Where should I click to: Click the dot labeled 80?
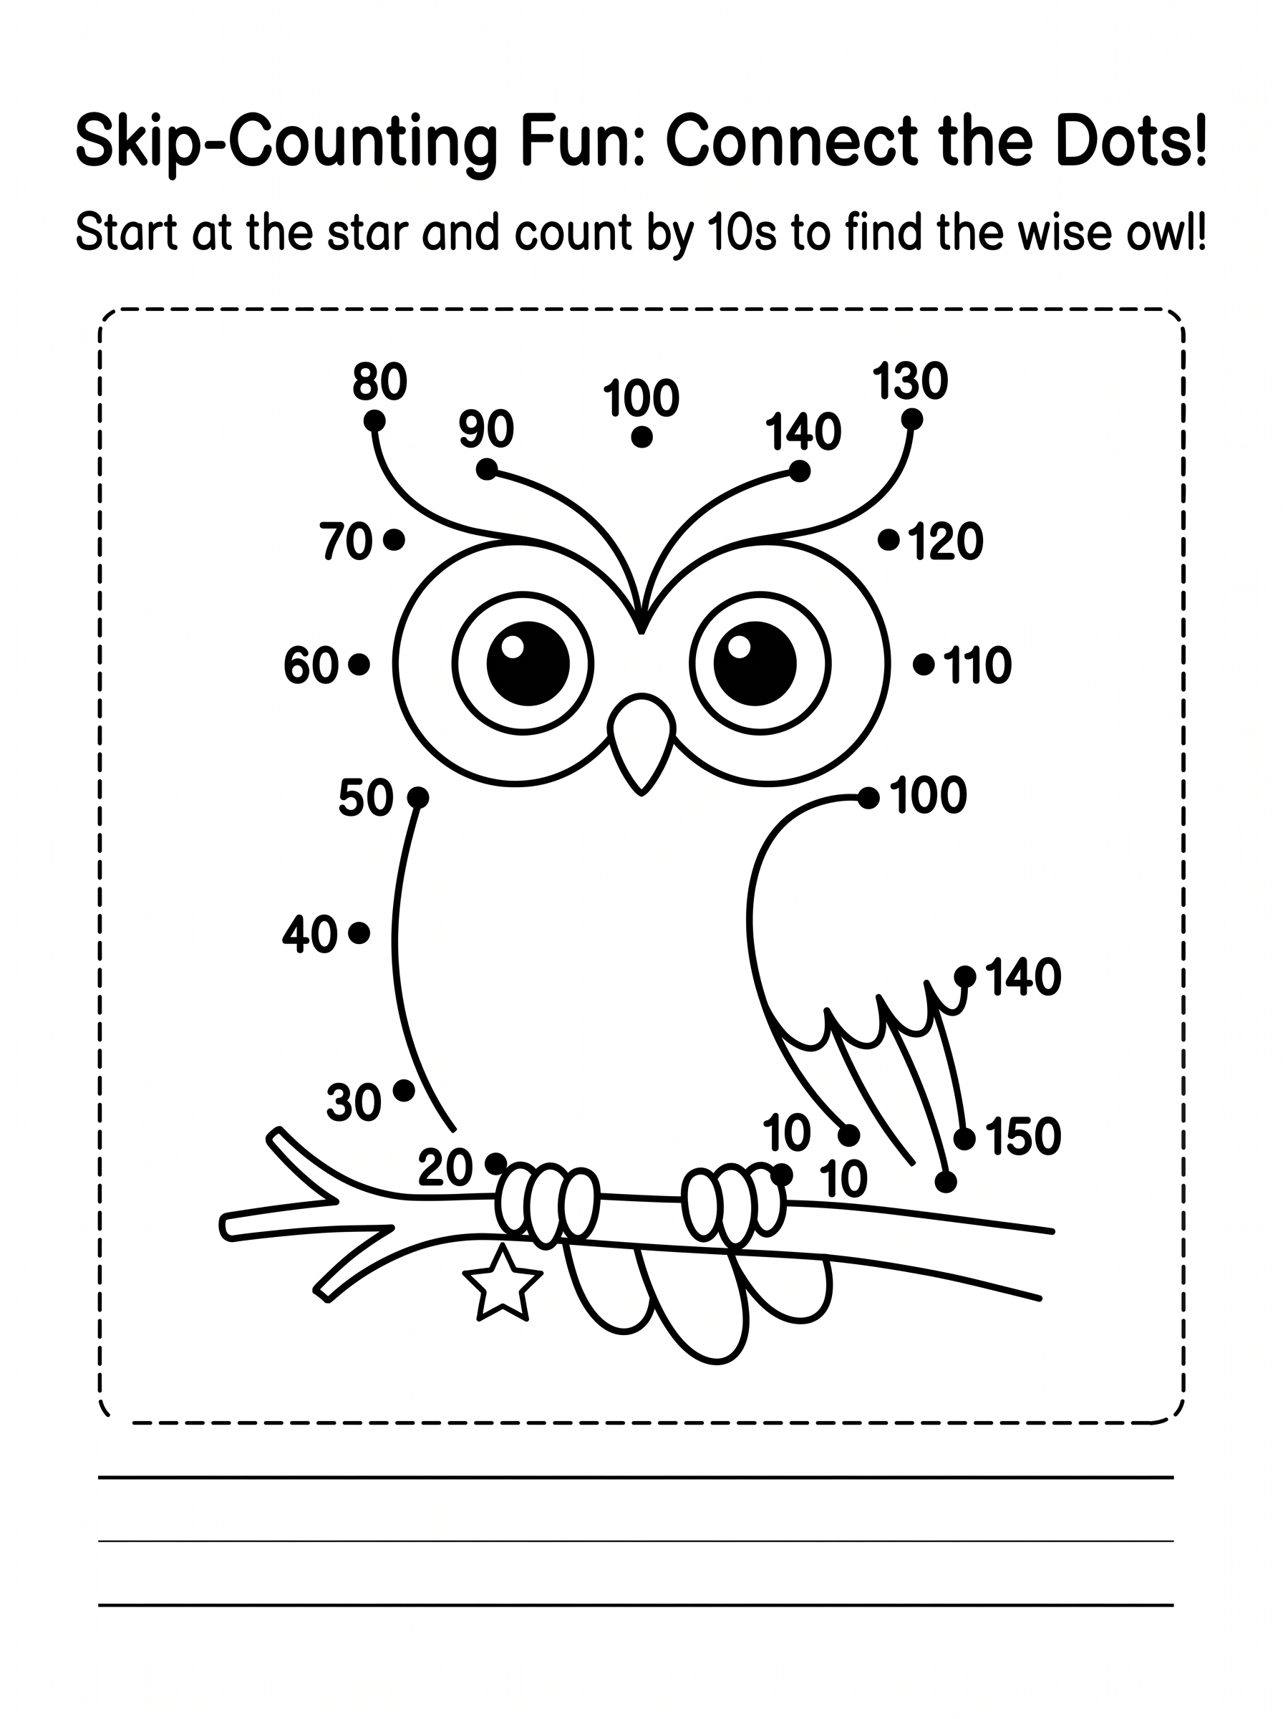tap(374, 420)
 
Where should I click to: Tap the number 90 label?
tap(486, 428)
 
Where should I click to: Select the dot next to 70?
tap(394, 539)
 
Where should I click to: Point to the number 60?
tap(311, 665)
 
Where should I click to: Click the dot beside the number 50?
tap(418, 797)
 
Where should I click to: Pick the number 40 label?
tap(310, 934)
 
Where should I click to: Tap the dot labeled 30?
tap(404, 1091)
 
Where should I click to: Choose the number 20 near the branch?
tap(446, 1167)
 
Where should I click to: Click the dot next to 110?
tap(924, 664)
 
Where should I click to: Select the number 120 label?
tap(945, 541)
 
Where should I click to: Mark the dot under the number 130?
tap(911, 420)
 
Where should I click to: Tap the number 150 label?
tap(1024, 1137)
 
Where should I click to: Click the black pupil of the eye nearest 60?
tap(528, 663)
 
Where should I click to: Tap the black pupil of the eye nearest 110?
tap(755, 663)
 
